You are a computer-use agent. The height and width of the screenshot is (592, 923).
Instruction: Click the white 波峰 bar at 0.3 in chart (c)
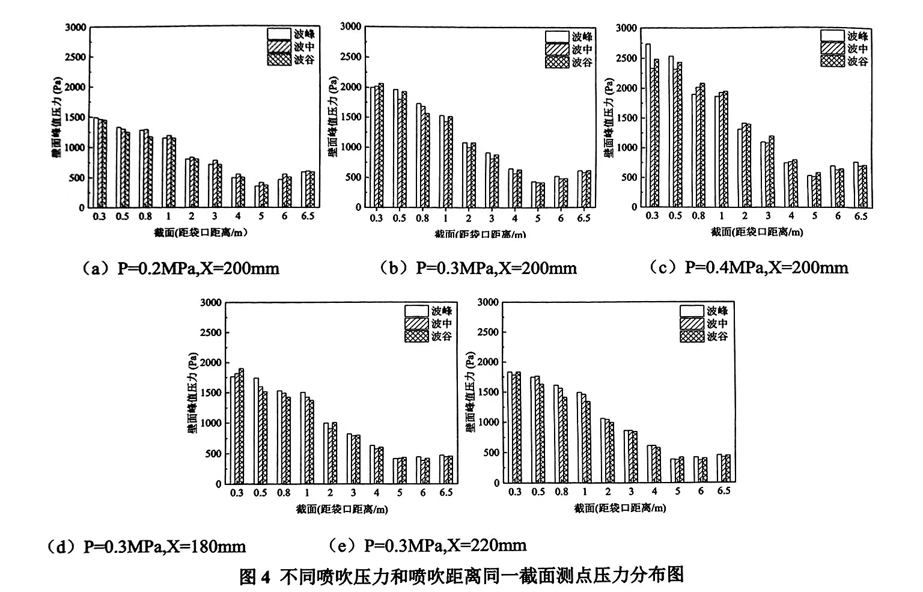648,126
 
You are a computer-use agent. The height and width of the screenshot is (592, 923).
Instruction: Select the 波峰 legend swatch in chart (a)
279,34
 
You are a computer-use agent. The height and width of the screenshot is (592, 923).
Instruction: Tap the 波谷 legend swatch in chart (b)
556,63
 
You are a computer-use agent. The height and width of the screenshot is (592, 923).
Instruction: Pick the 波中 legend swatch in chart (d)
416,324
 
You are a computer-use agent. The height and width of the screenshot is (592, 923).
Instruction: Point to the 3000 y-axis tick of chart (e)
488,302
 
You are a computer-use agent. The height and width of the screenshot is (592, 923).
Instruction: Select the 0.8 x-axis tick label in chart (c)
698,216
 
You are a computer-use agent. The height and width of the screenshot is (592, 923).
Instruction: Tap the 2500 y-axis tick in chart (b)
350,57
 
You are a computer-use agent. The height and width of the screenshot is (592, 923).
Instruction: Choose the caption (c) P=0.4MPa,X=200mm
749,267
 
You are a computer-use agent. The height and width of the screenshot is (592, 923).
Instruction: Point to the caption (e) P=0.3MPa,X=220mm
428,546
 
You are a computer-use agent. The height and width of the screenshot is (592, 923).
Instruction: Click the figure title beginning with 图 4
461,575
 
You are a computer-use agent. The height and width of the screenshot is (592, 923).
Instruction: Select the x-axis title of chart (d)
342,510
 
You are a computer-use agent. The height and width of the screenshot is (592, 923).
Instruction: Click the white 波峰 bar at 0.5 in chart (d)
256,430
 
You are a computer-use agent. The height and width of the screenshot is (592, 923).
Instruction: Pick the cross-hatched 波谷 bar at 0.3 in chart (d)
242,426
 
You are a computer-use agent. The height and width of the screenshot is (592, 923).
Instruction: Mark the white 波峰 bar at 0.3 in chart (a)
95,162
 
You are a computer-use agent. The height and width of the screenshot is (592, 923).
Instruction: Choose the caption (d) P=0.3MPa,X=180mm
147,547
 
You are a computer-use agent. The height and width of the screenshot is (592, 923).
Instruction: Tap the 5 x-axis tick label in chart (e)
678,492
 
